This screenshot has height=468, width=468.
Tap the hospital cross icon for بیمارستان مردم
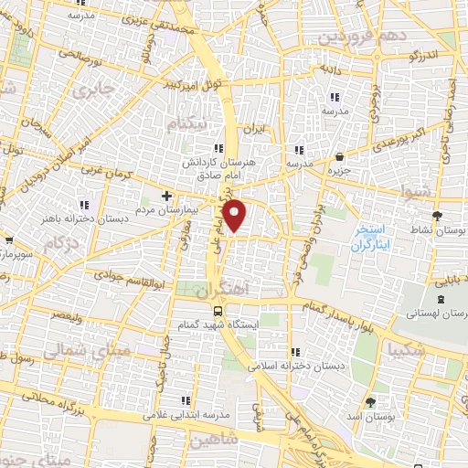click(x=166, y=195)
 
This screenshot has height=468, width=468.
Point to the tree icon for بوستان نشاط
click(x=438, y=216)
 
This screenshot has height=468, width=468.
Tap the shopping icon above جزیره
click(x=340, y=156)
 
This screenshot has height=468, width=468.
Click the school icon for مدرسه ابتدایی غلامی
click(x=186, y=400)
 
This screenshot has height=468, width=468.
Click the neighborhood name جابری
click(x=93, y=91)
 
